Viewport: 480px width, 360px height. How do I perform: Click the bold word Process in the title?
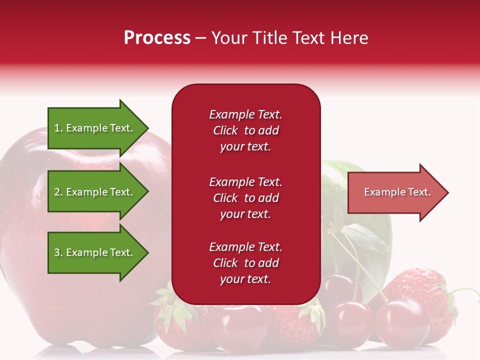click(157, 38)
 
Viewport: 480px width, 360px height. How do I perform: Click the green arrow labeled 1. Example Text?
click(95, 128)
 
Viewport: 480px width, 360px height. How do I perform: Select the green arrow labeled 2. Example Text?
click(95, 192)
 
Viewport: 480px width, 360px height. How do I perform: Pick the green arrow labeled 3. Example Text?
click(95, 252)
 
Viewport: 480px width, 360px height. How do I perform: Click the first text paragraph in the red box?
click(245, 130)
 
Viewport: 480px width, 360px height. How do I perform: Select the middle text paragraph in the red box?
click(245, 198)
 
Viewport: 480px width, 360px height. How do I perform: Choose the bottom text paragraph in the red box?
click(245, 263)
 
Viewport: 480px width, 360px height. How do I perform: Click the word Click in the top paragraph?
click(225, 130)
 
